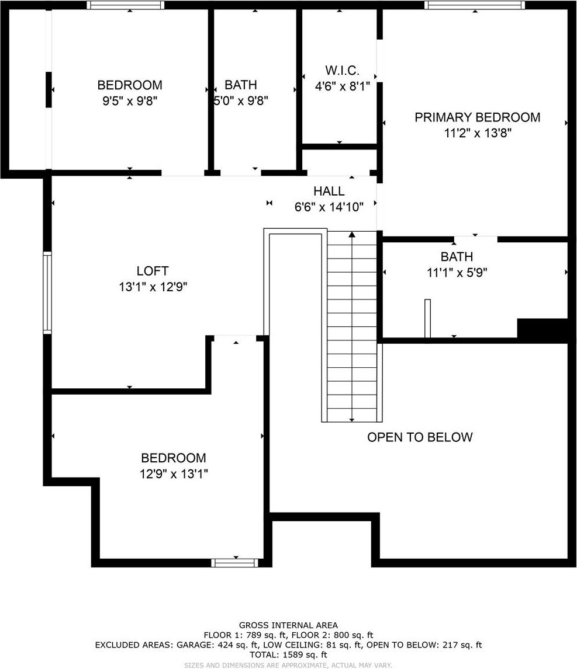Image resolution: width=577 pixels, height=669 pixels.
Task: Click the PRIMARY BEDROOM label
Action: pyautogui.click(x=477, y=117)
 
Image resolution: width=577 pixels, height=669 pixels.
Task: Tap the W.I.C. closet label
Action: pyautogui.click(x=342, y=70)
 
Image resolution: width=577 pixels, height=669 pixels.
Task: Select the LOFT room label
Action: pyautogui.click(x=153, y=270)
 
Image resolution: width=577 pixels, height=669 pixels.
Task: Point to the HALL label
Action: pyautogui.click(x=329, y=191)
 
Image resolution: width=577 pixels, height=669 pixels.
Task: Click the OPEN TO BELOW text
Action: pyautogui.click(x=420, y=437)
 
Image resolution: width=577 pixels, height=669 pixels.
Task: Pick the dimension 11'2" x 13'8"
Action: pyautogui.click(x=478, y=133)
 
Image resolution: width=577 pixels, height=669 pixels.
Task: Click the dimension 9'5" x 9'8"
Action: pyautogui.click(x=130, y=101)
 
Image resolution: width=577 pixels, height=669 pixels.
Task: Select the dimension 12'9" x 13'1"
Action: pyautogui.click(x=174, y=473)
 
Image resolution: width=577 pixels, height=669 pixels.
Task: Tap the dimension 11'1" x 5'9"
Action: pyautogui.click(x=457, y=272)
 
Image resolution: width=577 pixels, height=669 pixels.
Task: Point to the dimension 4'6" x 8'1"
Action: pyautogui.click(x=343, y=86)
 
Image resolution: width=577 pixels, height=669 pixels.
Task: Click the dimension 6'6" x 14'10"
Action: pyautogui.click(x=329, y=207)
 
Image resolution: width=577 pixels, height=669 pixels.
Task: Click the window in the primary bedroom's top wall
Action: pyautogui.click(x=475, y=5)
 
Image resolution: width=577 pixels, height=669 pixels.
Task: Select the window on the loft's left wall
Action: pyautogui.click(x=47, y=292)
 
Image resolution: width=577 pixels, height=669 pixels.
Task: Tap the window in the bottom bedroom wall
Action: pyautogui.click(x=234, y=563)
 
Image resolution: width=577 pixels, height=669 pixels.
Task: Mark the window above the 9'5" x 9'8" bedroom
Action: pyautogui.click(x=125, y=5)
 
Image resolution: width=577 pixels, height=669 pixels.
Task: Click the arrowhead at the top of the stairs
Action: pyautogui.click(x=352, y=234)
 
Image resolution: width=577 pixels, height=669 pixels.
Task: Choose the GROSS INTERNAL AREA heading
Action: pyautogui.click(x=288, y=625)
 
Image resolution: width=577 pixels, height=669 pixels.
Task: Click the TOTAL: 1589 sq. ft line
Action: pyautogui.click(x=288, y=654)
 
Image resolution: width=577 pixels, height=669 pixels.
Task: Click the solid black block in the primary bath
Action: pyautogui.click(x=543, y=329)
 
